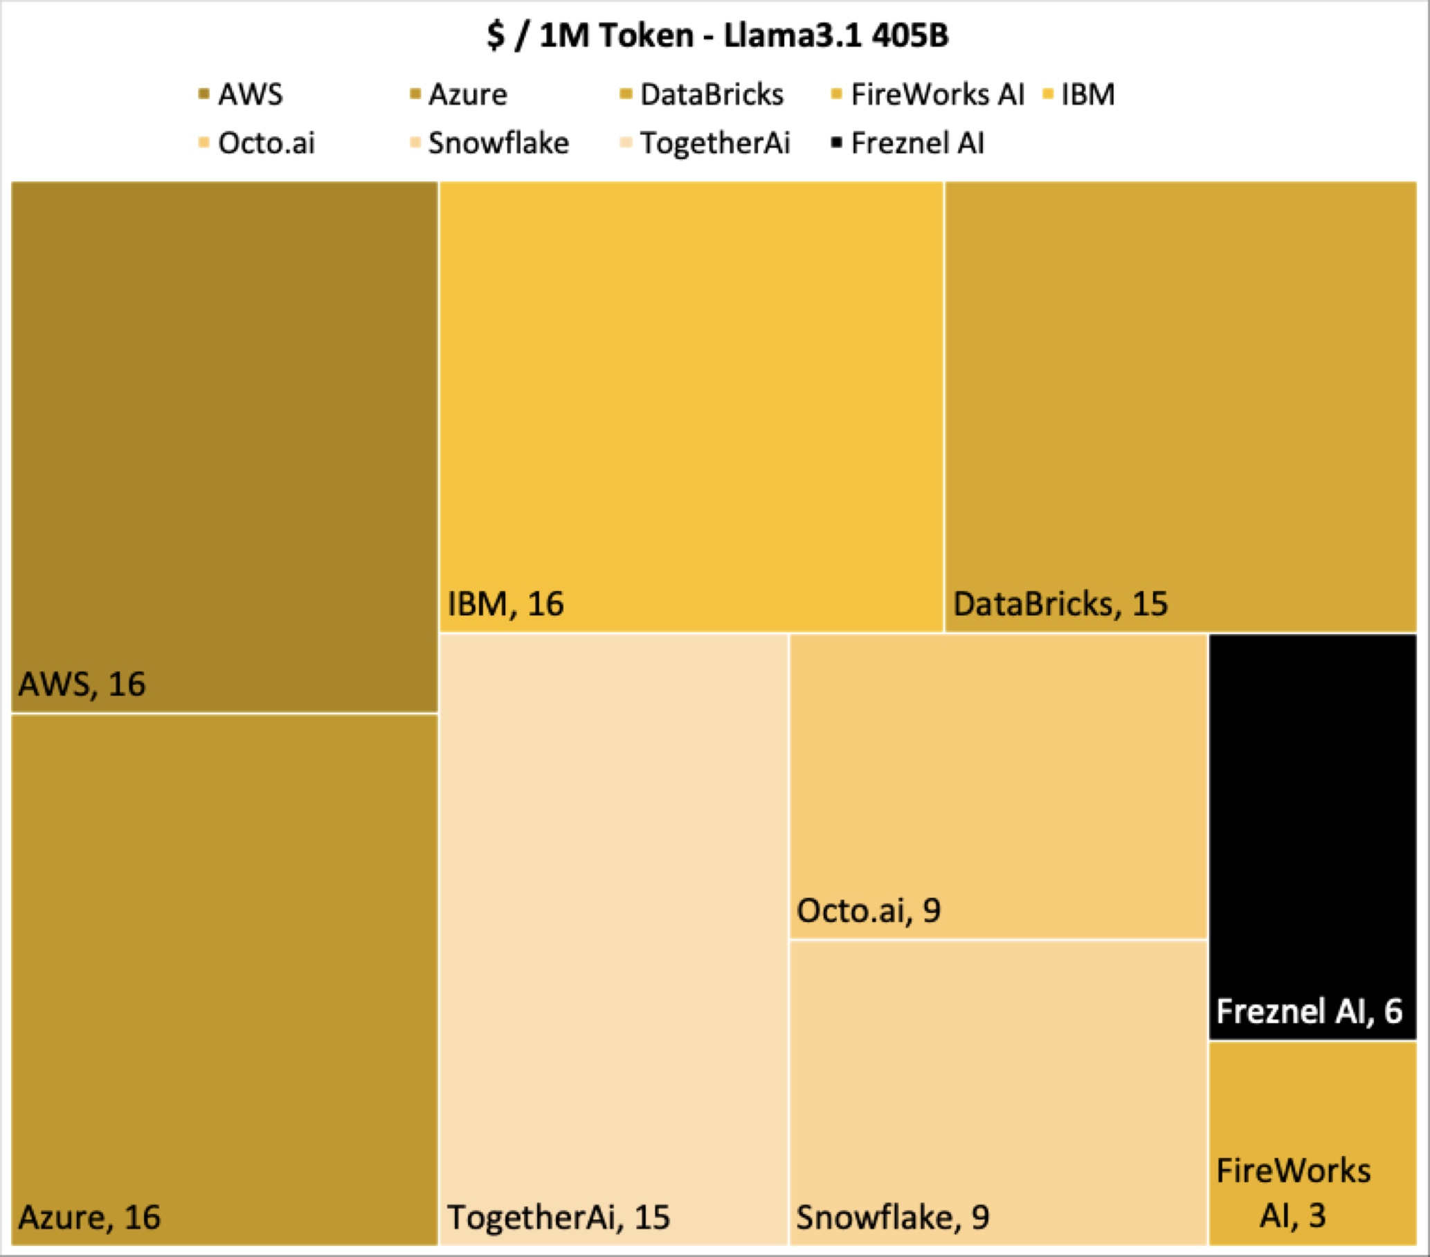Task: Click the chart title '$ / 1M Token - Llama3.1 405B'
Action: tap(718, 35)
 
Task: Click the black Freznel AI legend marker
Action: tap(836, 143)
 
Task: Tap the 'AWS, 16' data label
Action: tap(82, 684)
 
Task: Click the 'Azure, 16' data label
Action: tap(89, 1217)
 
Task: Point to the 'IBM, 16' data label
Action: tap(505, 604)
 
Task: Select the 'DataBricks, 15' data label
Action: tap(1060, 604)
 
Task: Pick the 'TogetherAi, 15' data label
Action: tap(559, 1217)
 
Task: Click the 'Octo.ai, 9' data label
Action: tap(868, 910)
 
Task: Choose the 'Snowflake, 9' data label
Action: tap(892, 1217)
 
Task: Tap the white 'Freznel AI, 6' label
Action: tap(1309, 1011)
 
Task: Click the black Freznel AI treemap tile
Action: tap(1312, 804)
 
